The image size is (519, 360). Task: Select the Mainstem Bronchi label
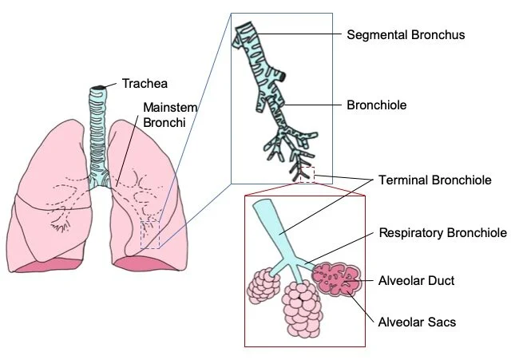[169, 114]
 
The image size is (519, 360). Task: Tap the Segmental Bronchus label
[405, 35]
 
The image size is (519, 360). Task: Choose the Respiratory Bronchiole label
[442, 233]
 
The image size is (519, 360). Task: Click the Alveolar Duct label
[415, 281]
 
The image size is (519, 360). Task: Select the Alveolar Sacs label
[416, 322]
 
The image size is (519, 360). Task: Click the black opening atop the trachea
[97, 86]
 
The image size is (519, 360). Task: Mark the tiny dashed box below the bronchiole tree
[307, 175]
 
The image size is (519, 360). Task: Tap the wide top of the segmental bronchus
[247, 33]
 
